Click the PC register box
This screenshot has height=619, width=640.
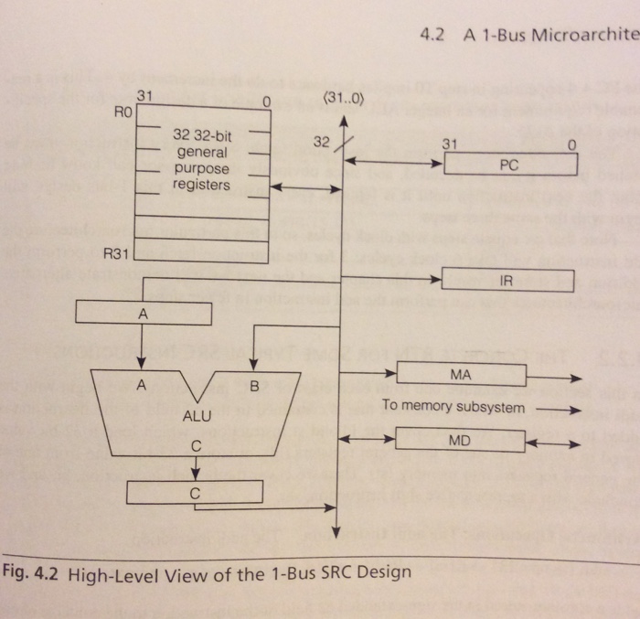510,165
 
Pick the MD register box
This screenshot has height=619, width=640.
461,441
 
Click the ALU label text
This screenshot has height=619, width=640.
197,415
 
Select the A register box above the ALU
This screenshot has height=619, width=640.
143,314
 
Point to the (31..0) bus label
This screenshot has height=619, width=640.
344,100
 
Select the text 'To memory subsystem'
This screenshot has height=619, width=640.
453,407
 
